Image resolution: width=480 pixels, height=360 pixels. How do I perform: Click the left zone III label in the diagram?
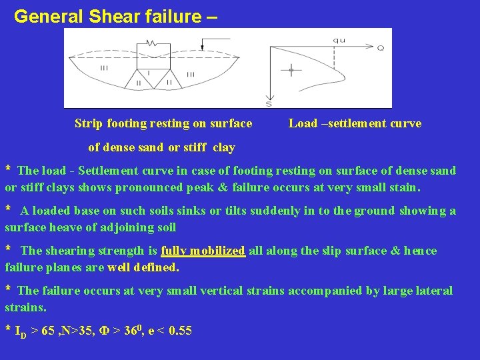pos(105,68)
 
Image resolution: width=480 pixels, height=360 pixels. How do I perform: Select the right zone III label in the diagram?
pos(191,73)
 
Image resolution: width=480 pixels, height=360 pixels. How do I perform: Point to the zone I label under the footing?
pos(147,71)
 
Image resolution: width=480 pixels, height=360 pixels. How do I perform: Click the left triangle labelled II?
pos(138,83)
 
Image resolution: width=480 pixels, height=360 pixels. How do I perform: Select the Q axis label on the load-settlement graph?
pos(380,48)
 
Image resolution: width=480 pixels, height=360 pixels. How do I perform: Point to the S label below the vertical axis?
pos(269,103)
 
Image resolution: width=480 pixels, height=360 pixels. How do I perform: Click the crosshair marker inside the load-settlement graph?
pos(291,69)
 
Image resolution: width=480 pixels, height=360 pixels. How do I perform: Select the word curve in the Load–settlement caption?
pos(406,123)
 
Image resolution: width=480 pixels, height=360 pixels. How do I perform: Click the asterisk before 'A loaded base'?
pos(9,209)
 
